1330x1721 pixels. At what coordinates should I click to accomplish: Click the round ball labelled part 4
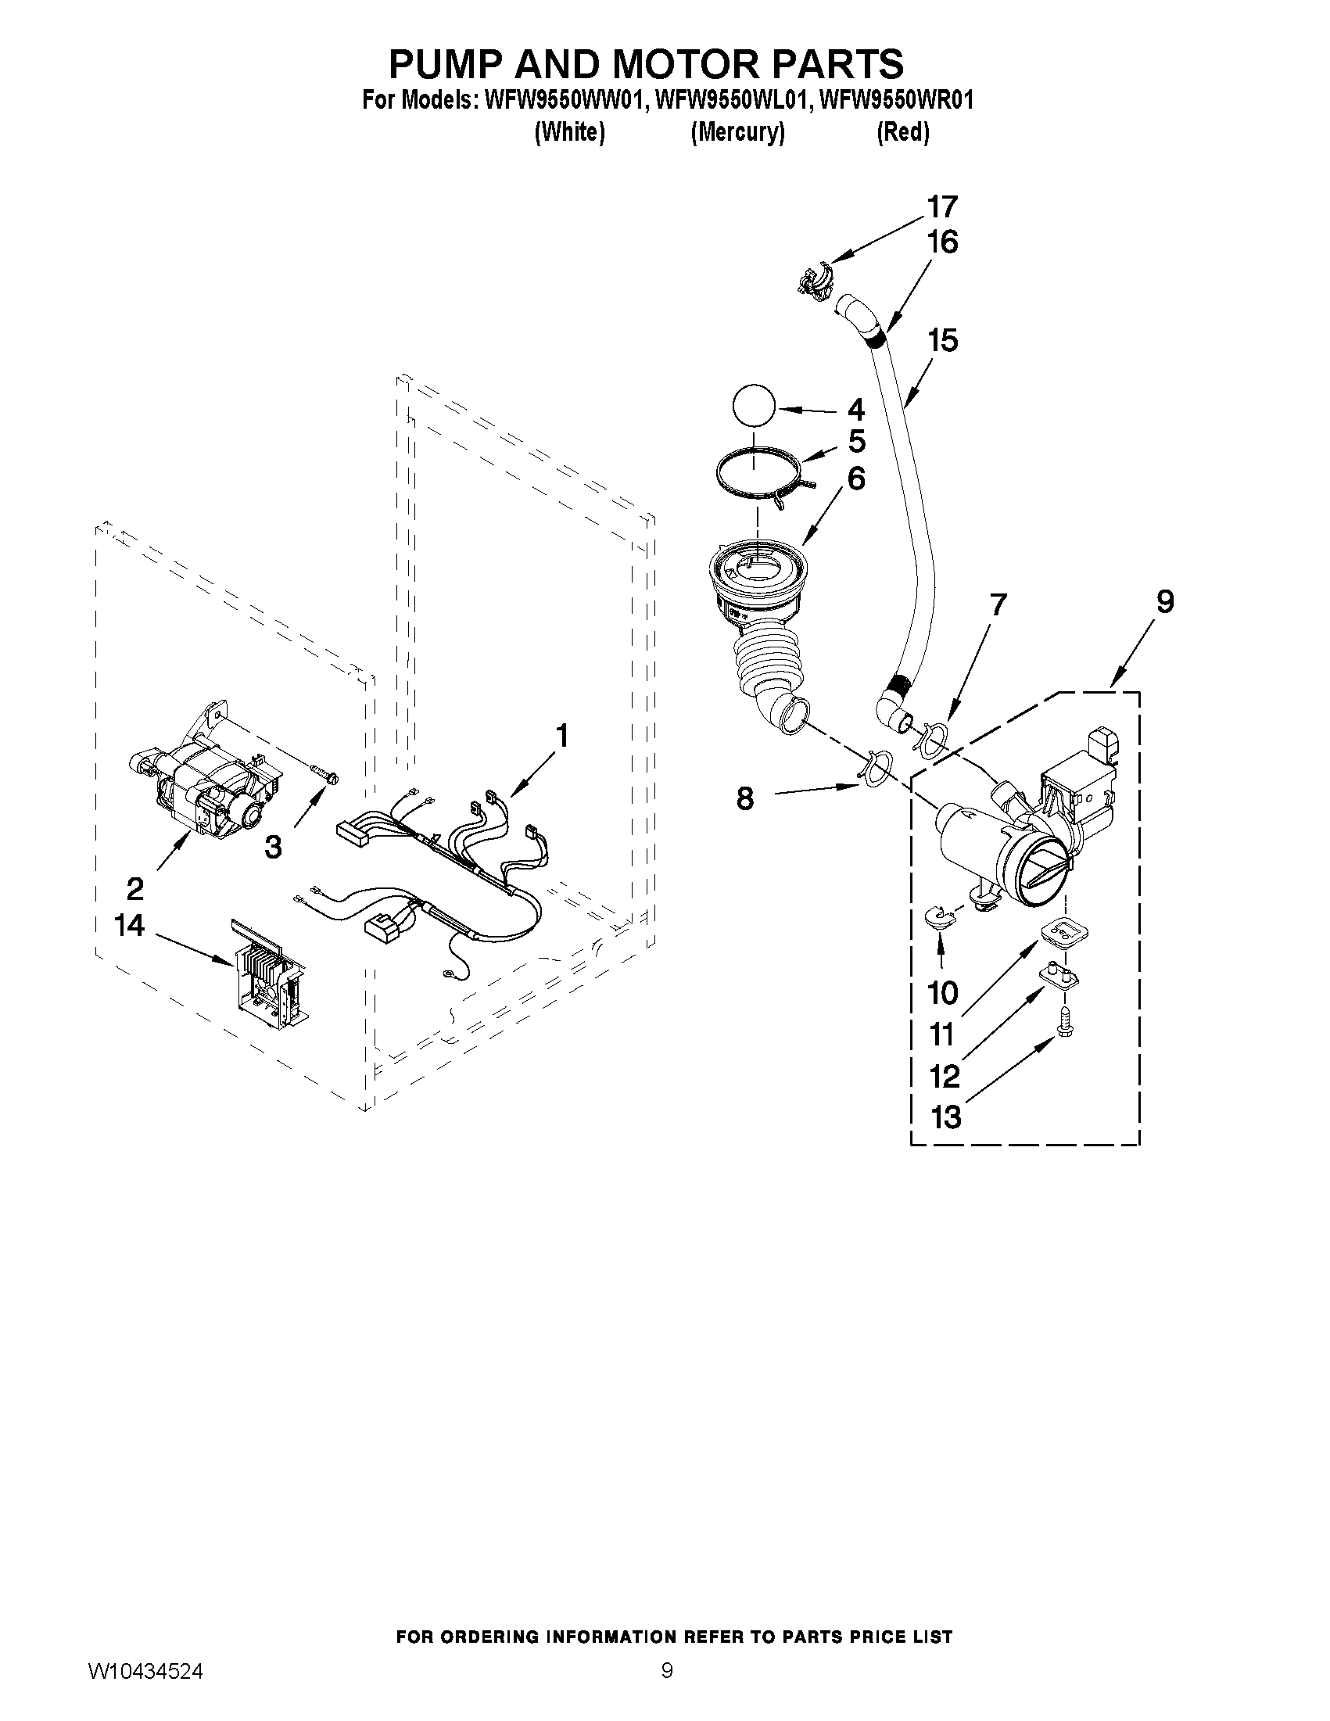tap(754, 407)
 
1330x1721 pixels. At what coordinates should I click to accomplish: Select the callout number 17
tap(942, 207)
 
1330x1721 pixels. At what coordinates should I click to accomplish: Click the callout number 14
tap(130, 925)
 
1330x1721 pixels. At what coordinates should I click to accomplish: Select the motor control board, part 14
tap(267, 976)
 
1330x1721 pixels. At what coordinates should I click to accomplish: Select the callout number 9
tap(1164, 601)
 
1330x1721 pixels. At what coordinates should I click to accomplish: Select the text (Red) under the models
tap(903, 132)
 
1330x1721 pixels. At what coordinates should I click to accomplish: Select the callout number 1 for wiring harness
tap(561, 736)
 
